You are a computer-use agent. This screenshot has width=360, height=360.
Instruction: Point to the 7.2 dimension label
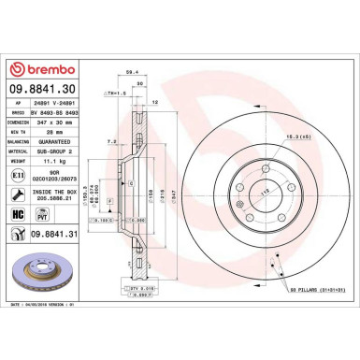[x=111, y=141]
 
